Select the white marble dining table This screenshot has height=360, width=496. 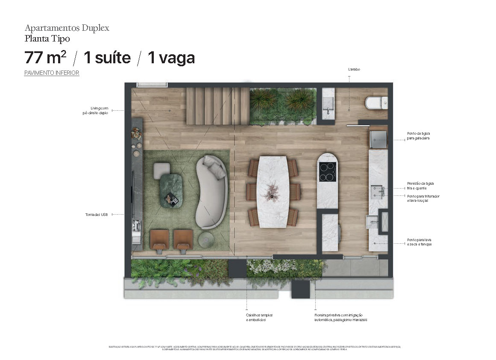273,191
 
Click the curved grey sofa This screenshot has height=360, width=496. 211,191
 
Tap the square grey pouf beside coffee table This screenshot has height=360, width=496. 162,170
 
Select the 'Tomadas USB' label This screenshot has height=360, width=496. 96,215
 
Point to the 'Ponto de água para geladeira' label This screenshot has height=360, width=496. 418,136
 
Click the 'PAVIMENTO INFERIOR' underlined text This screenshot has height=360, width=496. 52,73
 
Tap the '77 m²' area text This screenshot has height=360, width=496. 45,57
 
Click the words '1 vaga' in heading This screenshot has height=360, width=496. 171,57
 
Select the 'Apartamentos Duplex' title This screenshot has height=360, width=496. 67,28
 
